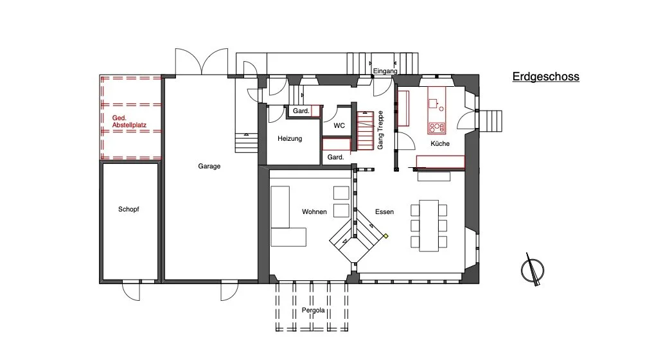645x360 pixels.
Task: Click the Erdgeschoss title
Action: pyautogui.click(x=545, y=77)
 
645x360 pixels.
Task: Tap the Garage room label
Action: pyautogui.click(x=209, y=166)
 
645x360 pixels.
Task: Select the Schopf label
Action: pyautogui.click(x=128, y=209)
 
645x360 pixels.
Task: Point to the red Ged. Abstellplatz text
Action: pyautogui.click(x=129, y=122)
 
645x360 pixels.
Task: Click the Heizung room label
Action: pyautogui.click(x=290, y=139)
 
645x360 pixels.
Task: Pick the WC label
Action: pyautogui.click(x=339, y=125)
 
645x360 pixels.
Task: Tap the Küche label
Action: pyautogui.click(x=439, y=143)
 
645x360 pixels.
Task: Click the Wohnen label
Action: pyautogui.click(x=314, y=212)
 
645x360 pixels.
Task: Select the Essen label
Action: pyautogui.click(x=384, y=212)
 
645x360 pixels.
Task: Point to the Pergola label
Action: pyautogui.click(x=313, y=310)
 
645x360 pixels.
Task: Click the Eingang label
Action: pyautogui.click(x=385, y=71)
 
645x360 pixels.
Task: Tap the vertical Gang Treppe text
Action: pyautogui.click(x=380, y=130)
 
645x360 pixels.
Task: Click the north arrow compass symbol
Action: pyautogui.click(x=533, y=270)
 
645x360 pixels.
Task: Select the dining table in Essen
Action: pyautogui.click(x=429, y=226)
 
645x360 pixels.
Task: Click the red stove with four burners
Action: pyautogui.click(x=436, y=127)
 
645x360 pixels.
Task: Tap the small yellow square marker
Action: pyautogui.click(x=386, y=236)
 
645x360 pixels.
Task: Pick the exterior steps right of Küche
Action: pyautogui.click(x=490, y=121)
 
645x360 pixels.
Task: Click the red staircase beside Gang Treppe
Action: pyautogui.click(x=365, y=130)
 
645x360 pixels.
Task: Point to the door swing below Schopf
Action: pyautogui.click(x=132, y=291)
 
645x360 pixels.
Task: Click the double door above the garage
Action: pyautogui.click(x=202, y=62)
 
